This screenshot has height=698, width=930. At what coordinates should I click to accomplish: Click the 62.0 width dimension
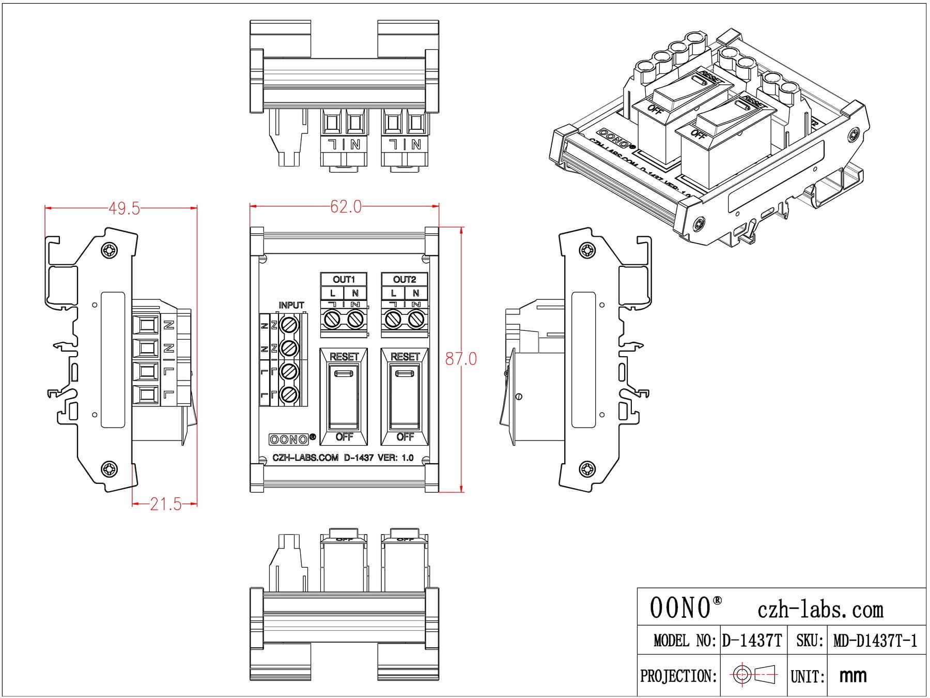pyautogui.click(x=346, y=207)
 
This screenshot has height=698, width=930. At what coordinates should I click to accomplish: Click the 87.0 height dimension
pyautogui.click(x=461, y=358)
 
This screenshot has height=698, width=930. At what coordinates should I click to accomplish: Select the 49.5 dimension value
pyautogui.click(x=124, y=208)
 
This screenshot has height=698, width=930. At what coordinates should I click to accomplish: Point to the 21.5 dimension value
pyautogui.click(x=166, y=504)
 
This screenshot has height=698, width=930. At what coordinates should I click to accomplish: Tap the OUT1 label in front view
pyautogui.click(x=344, y=279)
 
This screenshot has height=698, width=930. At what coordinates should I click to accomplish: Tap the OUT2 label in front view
pyautogui.click(x=405, y=279)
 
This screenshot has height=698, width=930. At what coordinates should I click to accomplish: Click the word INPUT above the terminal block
pyautogui.click(x=291, y=305)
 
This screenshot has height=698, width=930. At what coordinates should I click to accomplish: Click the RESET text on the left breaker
pyautogui.click(x=344, y=357)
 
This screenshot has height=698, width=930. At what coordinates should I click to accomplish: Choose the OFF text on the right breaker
pyautogui.click(x=405, y=437)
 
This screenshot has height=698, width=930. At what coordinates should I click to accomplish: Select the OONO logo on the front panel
pyautogui.click(x=289, y=439)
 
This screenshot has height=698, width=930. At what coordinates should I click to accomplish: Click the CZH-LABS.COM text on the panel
pyautogui.click(x=305, y=458)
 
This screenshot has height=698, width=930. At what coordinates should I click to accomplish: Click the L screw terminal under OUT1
pyautogui.click(x=332, y=320)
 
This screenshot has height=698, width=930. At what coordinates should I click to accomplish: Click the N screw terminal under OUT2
pyautogui.click(x=416, y=320)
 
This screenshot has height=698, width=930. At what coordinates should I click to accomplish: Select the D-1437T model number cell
pyautogui.click(x=752, y=641)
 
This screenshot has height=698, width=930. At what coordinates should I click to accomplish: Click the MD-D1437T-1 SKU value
pyautogui.click(x=875, y=641)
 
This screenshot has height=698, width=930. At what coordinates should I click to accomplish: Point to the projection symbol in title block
pyautogui.click(x=754, y=674)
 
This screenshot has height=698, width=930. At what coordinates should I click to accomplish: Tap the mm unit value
pyautogui.click(x=853, y=675)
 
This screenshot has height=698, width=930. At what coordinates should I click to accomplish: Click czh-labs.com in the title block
pyautogui.click(x=820, y=610)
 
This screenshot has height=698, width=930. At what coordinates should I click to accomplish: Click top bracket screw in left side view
pyautogui.click(x=110, y=250)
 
